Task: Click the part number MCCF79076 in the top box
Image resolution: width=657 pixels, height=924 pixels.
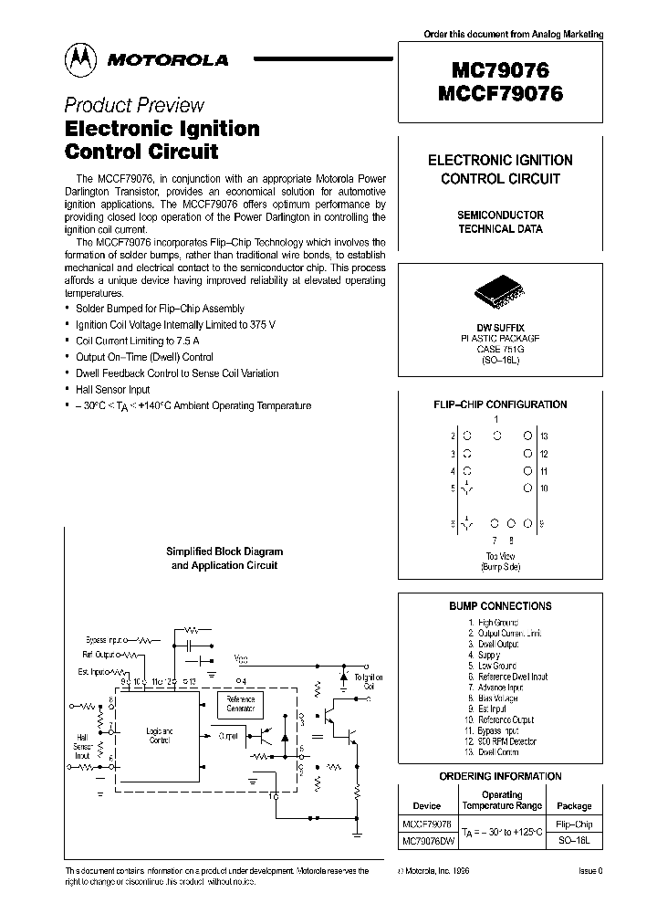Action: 500,94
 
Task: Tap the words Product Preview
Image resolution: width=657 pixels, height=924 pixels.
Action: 134,105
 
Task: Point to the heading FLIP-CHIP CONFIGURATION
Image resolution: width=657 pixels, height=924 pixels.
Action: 500,404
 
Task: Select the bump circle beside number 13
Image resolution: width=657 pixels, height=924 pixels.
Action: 527,436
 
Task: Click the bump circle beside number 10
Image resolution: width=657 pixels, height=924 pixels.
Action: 527,488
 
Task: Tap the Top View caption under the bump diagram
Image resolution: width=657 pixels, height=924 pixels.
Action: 499,556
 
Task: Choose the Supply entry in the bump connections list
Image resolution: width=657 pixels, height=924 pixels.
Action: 489,655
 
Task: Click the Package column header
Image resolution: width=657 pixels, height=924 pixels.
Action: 574,806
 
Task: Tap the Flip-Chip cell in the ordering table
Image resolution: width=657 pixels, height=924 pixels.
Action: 574,824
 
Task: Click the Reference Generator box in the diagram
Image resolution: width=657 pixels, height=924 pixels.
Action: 241,705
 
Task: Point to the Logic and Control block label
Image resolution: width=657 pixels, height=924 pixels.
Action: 160,736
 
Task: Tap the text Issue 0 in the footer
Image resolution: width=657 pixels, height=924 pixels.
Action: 590,872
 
